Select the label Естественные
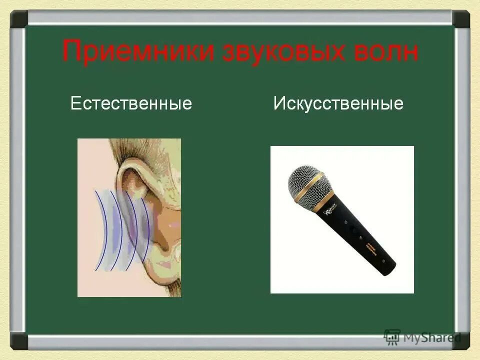tap(131, 103)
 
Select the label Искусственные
tap(338, 103)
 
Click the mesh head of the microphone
tap(306, 181)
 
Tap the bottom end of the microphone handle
tap(388, 268)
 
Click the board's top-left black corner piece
tap(19, 19)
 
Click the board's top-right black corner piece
tap(460, 19)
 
